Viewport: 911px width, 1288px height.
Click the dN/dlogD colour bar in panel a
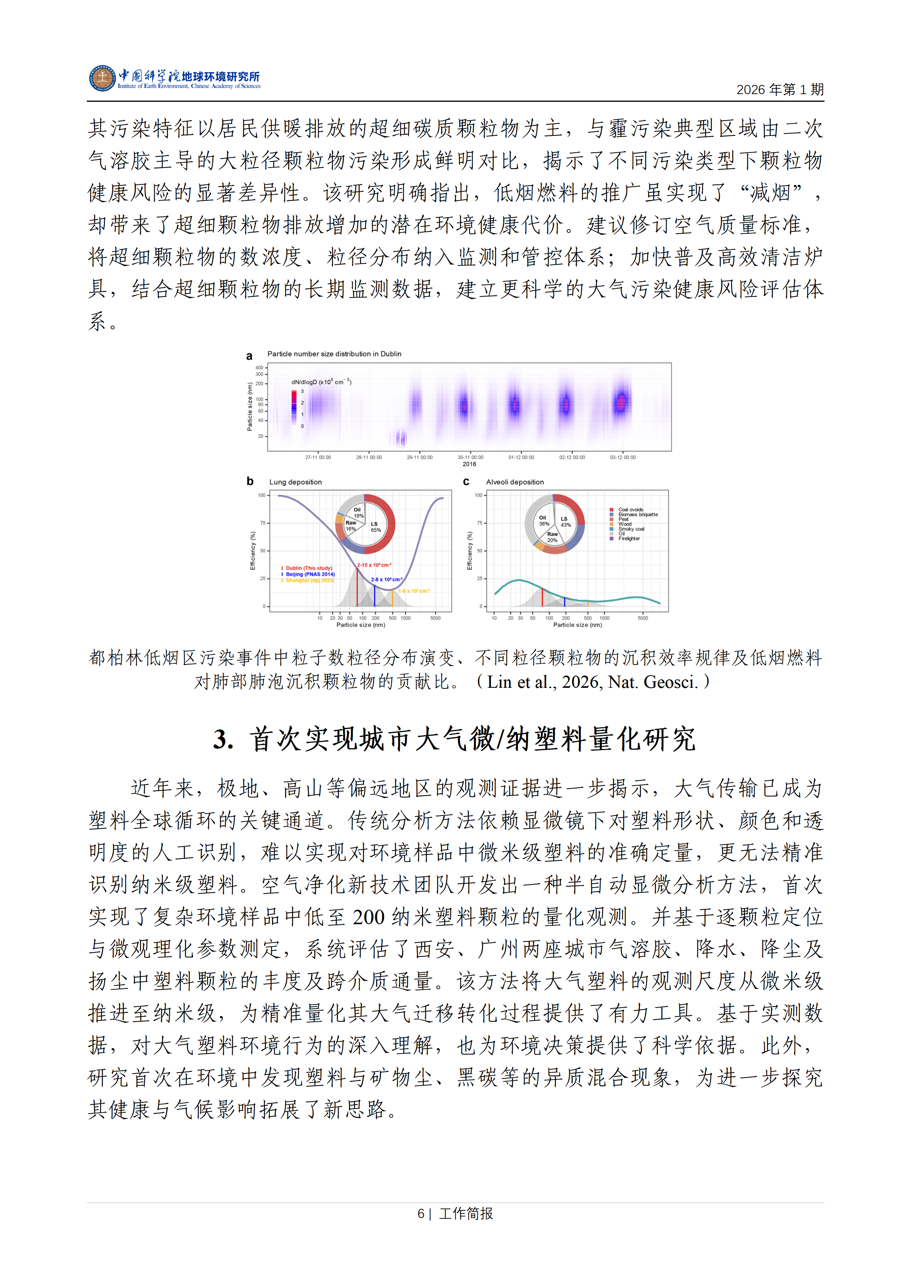click(294, 403)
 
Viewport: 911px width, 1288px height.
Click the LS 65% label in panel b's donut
click(375, 527)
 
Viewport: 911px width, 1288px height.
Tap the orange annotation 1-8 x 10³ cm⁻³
click(414, 591)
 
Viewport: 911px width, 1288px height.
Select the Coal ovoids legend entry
click(631, 510)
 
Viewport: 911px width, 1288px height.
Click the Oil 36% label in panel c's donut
click(544, 521)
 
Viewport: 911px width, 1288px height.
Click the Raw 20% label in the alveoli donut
click(552, 537)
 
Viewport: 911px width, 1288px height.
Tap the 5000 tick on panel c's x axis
click(643, 618)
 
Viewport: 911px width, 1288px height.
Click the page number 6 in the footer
click(421, 1213)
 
